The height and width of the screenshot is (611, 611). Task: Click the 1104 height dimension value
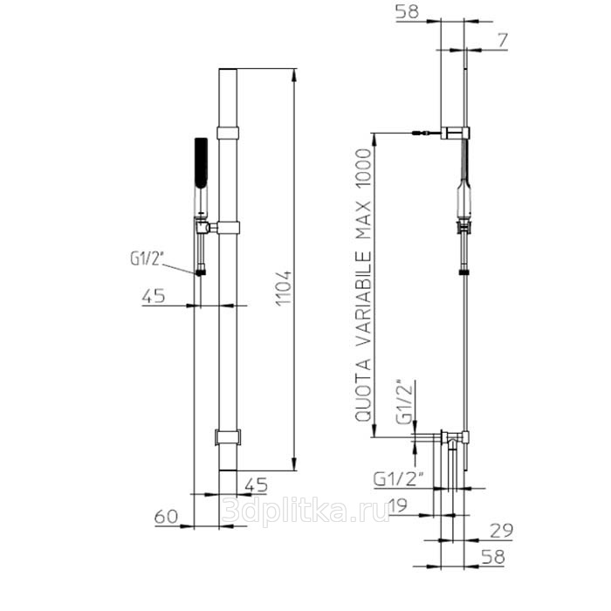pos(284,288)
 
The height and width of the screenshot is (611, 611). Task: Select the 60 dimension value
pos(166,517)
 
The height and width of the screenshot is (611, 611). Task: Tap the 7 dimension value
pos(503,40)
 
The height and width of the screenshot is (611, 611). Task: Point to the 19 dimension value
pos(398,505)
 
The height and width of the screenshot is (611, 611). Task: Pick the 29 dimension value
pos(501,531)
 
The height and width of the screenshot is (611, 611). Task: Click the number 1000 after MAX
pos(363,170)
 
